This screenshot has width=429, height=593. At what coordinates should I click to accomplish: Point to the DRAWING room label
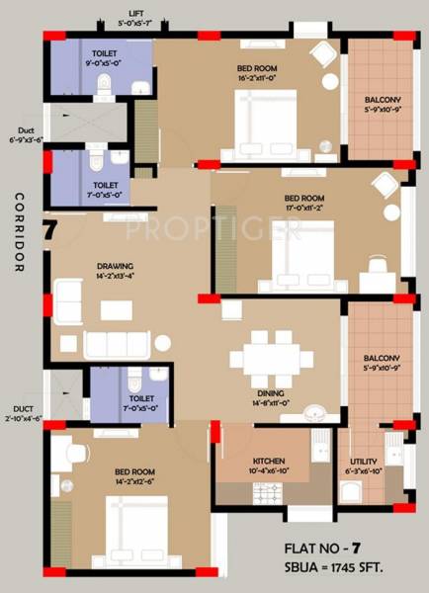[115, 266]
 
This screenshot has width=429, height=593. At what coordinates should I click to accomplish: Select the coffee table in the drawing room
[116, 309]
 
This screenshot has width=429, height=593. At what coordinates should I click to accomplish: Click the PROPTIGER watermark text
[214, 230]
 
